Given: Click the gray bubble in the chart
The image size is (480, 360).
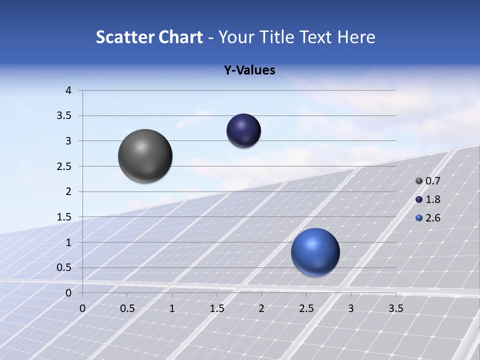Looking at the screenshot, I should tap(145, 156).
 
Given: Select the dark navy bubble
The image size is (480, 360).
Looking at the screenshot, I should tap(243, 130).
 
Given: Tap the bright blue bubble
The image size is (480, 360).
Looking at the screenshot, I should tap(315, 252).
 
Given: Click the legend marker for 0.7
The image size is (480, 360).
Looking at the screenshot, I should tap(419, 181).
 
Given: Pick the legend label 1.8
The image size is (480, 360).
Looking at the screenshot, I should tap(432, 199).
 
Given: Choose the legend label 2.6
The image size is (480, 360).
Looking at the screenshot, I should tap(432, 218).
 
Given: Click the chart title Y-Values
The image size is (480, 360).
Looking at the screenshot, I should tap(249, 70).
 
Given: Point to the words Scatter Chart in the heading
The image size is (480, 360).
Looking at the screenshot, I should tap(149, 37).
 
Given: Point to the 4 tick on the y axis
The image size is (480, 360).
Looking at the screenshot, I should tap(68, 90).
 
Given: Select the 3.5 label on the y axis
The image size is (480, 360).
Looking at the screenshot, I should tap(64, 116).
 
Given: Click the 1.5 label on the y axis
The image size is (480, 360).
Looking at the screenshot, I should tap(64, 217).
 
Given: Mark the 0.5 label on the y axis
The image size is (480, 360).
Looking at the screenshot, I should tap(64, 267).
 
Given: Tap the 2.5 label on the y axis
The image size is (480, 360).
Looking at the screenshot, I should tap(64, 166).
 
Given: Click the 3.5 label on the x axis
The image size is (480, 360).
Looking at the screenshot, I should tap(395, 308).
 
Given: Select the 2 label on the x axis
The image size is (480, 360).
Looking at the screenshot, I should tap(261, 308).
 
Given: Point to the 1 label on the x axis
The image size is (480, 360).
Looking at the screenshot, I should tap(172, 308).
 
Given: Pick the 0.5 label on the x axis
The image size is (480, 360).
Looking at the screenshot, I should tap(127, 308).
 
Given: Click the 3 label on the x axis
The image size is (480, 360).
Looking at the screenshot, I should tap(351, 308).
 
